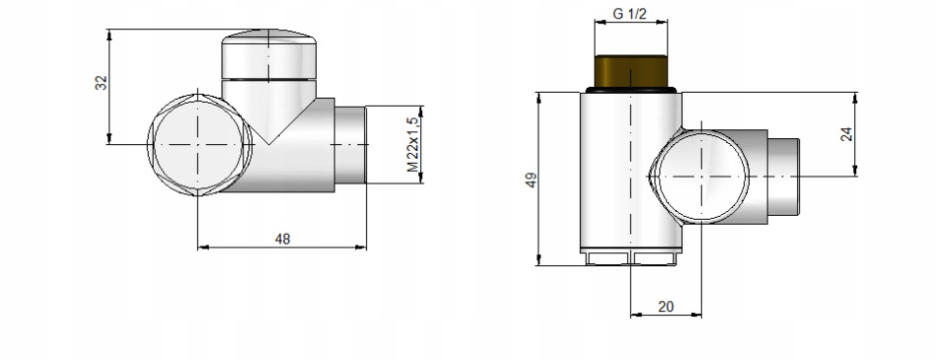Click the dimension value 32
(102, 83)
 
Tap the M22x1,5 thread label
(413, 144)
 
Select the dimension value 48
(282, 239)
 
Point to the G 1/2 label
(630, 14)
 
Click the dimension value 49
(531, 180)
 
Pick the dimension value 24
(846, 134)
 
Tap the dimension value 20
(666, 307)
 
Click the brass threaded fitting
(631, 71)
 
